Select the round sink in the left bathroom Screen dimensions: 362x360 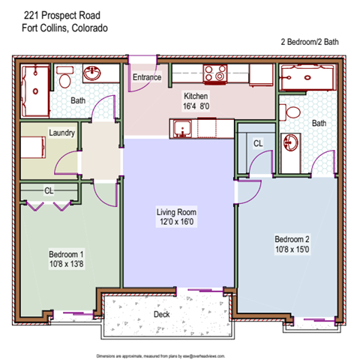point(91,74)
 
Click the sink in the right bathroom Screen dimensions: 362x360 point(290,142)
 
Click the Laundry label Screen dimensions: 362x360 point(61,133)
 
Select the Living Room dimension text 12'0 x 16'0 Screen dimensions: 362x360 point(177,223)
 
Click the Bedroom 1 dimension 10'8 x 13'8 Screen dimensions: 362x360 point(66,265)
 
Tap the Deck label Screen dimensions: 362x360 point(161,314)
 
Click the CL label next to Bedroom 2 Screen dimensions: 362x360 point(257,142)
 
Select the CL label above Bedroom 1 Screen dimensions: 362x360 point(49,190)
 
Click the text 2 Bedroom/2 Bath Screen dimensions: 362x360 point(309,42)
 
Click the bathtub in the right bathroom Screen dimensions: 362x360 point(307,76)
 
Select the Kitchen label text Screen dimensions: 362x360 point(196,97)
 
